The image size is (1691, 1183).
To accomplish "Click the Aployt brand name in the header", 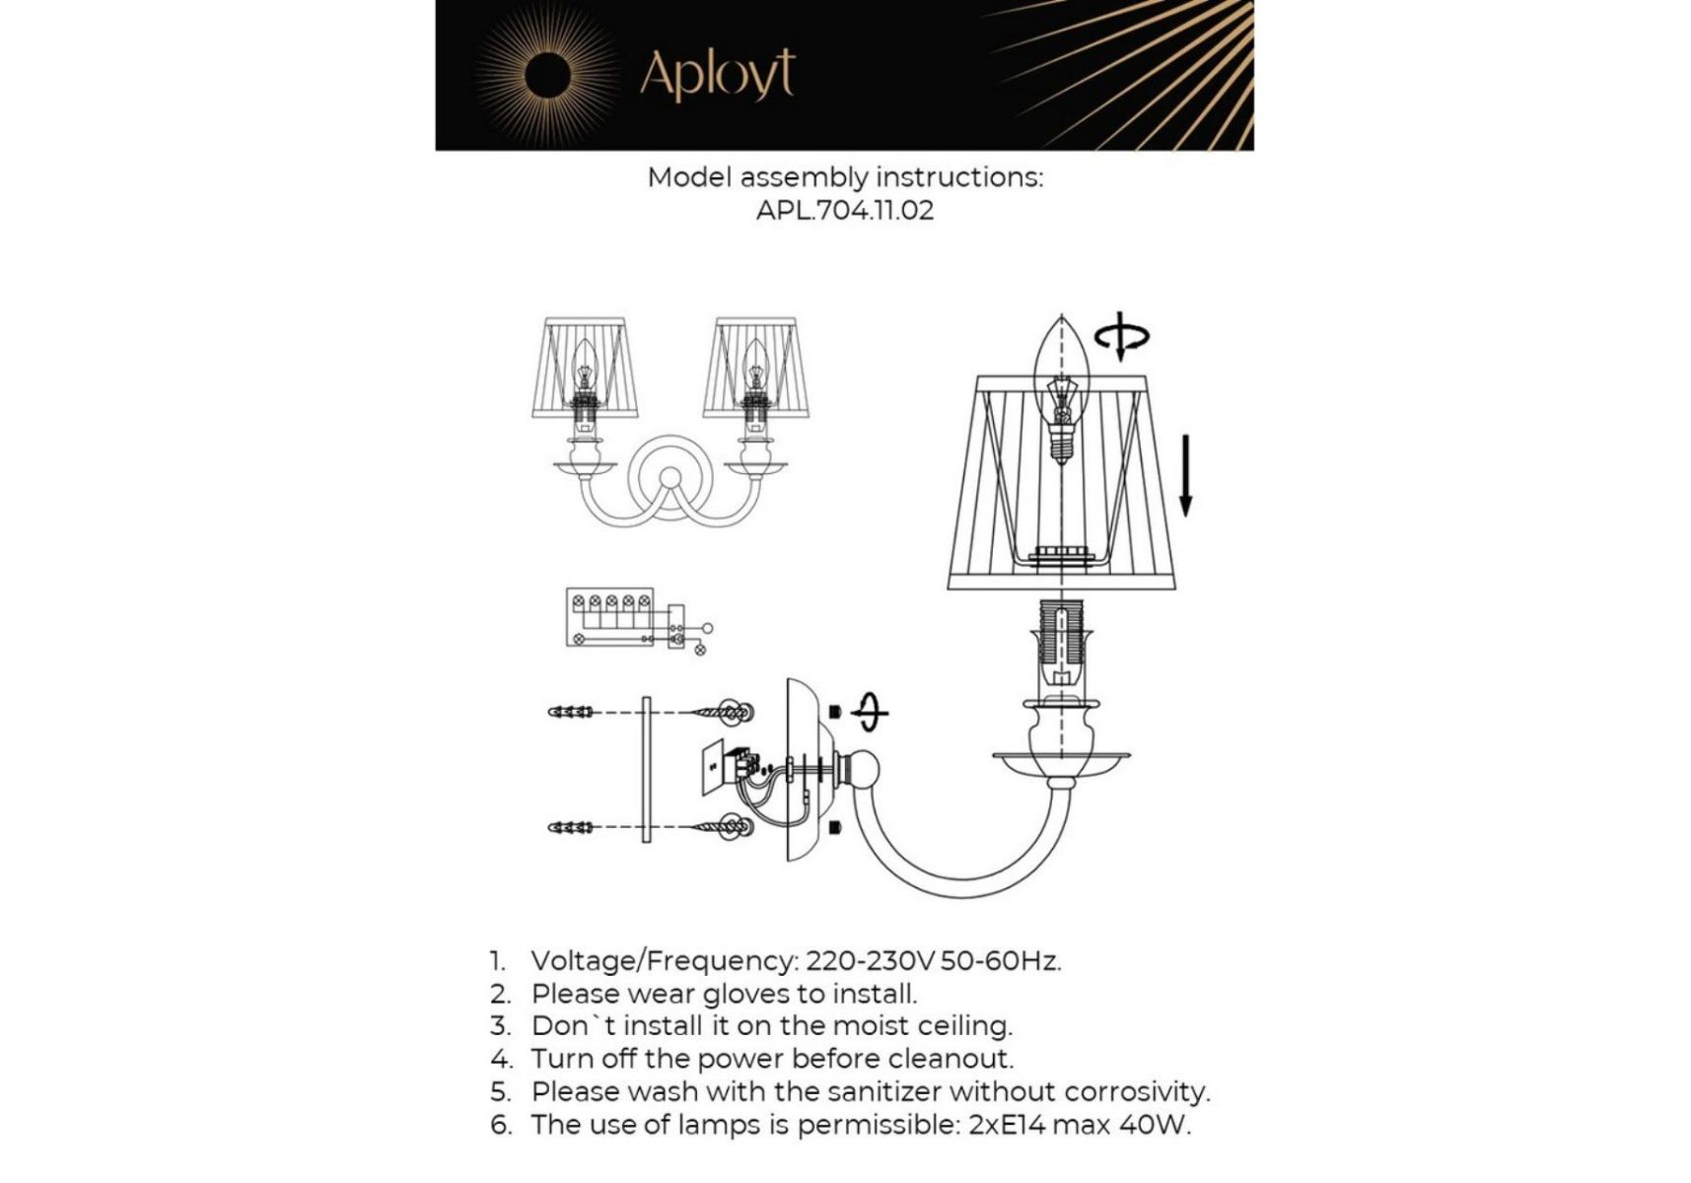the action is click(717, 74).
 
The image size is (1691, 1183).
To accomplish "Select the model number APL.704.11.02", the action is click(845, 210).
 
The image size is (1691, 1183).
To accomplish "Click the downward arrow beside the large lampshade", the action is click(1185, 475).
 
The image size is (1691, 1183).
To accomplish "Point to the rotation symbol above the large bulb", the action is click(1121, 338).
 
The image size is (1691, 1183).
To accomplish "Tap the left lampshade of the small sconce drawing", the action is click(586, 367).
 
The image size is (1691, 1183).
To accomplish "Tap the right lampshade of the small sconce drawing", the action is click(756, 367).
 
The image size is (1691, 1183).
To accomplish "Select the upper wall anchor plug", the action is click(571, 712).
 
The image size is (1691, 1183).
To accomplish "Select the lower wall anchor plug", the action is click(571, 827).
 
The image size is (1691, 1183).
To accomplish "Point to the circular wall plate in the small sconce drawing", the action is click(670, 479).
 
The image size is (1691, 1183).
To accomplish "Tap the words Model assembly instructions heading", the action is click(845, 177).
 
